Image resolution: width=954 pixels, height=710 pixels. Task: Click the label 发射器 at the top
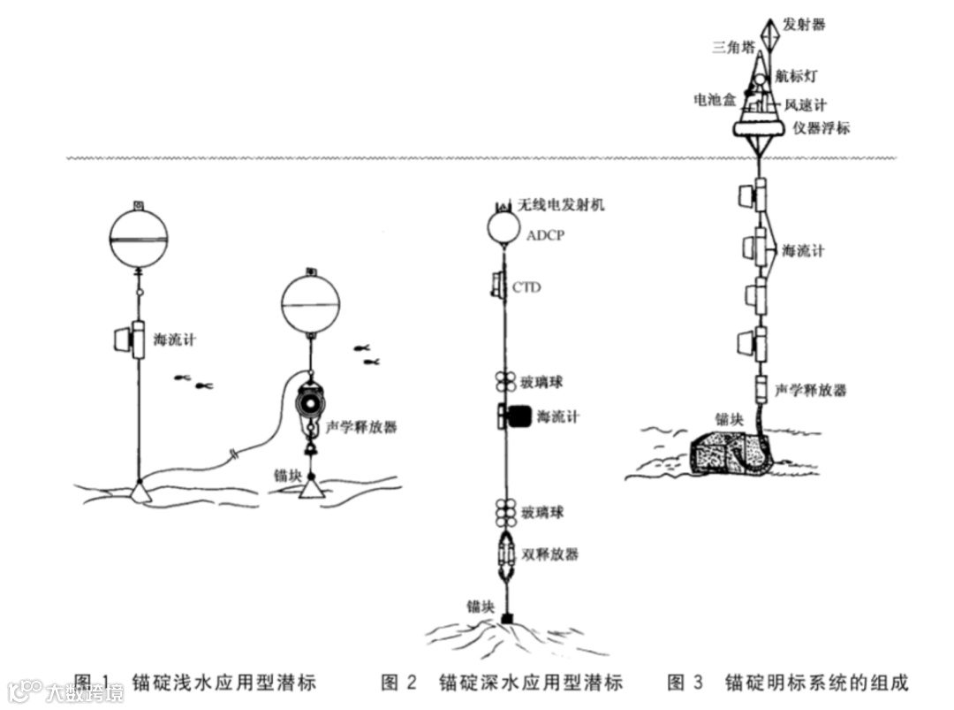pyautogui.click(x=805, y=24)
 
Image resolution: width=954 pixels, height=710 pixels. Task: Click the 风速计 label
pyautogui.click(x=806, y=105)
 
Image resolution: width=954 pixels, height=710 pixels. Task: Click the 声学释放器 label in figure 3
pyautogui.click(x=810, y=389)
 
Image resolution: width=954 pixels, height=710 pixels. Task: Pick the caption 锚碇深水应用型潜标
pyautogui.click(x=530, y=683)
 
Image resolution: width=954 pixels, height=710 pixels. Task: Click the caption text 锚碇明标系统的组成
pyautogui.click(x=815, y=683)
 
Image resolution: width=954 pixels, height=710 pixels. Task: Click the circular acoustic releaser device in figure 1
pyautogui.click(x=309, y=402)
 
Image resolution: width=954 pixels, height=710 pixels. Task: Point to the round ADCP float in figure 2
pyautogui.click(x=503, y=228)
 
